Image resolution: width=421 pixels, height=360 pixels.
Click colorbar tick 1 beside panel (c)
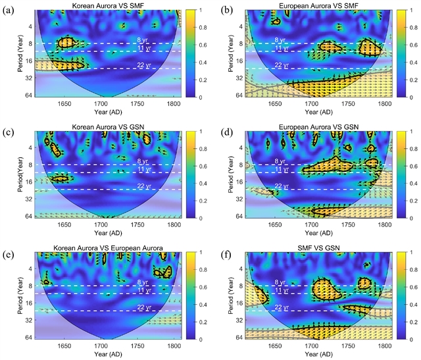191,131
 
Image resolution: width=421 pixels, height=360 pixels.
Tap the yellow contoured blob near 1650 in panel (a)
65,43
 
